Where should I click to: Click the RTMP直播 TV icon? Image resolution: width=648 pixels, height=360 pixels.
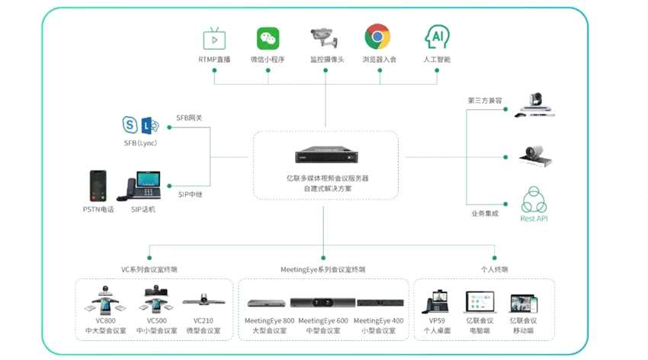coord(213,38)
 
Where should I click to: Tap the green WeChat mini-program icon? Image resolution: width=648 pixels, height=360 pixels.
coord(268,38)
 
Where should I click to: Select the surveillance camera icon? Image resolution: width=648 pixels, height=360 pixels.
coord(324,37)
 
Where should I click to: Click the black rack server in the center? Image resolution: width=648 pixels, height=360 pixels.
coord(325,157)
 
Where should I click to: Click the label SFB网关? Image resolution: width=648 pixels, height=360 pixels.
coord(189,117)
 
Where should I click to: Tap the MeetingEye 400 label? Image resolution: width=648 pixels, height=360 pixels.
coord(379,321)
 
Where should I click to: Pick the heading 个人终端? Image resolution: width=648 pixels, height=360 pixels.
coord(495,269)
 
